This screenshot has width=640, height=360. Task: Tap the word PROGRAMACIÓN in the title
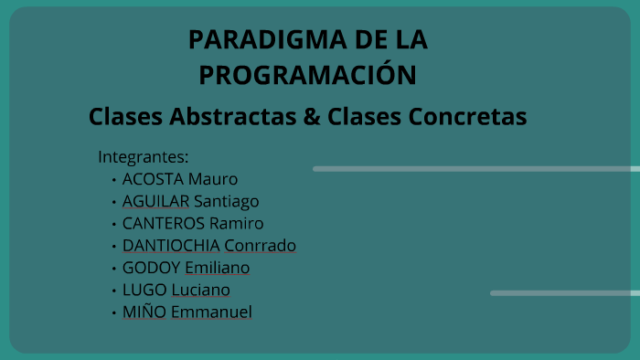pos(307,74)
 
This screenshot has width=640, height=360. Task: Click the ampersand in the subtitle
pos(309,118)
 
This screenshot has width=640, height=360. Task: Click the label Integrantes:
pos(144,156)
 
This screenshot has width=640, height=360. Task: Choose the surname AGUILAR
pos(156,201)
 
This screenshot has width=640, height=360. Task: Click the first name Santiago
pos(227,202)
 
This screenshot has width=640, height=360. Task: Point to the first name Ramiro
pos(236,223)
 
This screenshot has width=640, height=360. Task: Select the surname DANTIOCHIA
pos(171,246)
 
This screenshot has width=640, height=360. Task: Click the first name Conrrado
pos(261,246)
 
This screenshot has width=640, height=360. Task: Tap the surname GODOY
pos(151,268)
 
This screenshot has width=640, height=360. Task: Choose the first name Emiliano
pos(217,268)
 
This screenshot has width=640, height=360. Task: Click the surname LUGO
pos(144,290)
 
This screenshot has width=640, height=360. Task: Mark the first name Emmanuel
pos(211,312)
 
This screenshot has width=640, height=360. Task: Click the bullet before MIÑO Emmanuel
pos(113,312)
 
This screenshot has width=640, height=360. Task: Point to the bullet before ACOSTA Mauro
pos(113,180)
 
